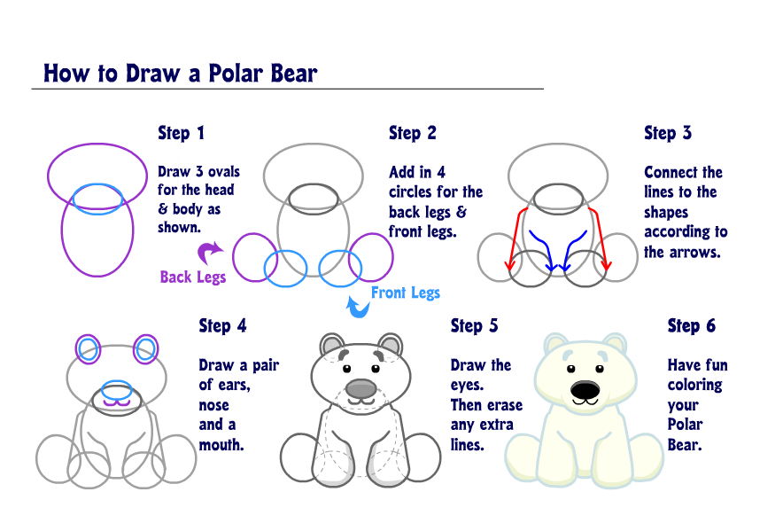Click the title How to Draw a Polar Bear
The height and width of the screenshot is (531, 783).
[x=180, y=73]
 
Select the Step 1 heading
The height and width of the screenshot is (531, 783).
[x=181, y=133]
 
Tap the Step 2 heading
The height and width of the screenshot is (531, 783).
[x=412, y=133]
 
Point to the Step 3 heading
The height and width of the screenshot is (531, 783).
[x=667, y=133]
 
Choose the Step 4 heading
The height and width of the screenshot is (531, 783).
[x=221, y=325]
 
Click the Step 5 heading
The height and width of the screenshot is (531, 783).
[x=474, y=325]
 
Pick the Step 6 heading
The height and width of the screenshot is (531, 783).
[x=691, y=325]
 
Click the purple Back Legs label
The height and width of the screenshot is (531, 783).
[x=192, y=277]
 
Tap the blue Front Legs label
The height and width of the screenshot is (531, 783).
[x=405, y=293]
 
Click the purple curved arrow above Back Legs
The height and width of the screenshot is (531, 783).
[x=209, y=254]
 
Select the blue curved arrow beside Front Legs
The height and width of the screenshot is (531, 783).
[x=356, y=307]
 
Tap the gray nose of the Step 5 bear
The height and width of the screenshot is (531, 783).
[x=360, y=388]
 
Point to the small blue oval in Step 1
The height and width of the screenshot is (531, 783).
[x=97, y=199]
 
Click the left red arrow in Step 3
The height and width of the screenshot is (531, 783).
[x=514, y=239]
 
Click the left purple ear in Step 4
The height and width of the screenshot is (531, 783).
[x=88, y=350]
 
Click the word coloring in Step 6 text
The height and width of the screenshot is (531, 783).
[x=694, y=385]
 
